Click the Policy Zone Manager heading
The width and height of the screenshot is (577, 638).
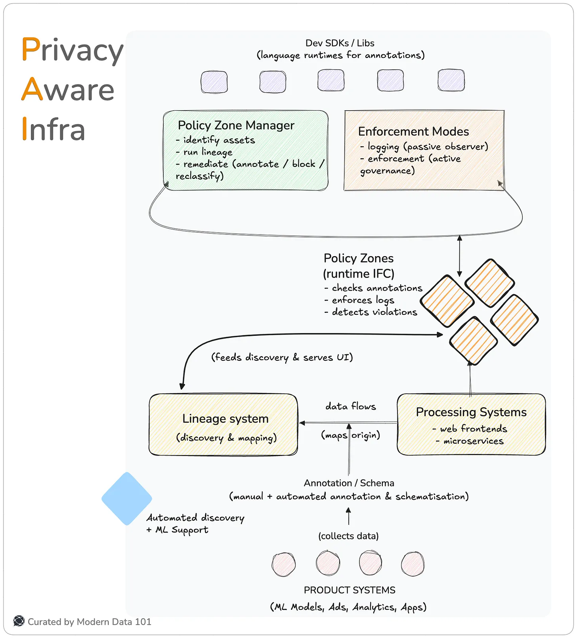tap(236, 125)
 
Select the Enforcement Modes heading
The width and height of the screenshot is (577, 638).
tap(413, 131)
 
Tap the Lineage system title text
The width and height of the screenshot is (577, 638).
tap(225, 418)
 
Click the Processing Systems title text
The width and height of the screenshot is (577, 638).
tap(471, 412)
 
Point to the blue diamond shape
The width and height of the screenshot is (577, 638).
tap(127, 498)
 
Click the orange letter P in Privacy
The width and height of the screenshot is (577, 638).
tap(31, 49)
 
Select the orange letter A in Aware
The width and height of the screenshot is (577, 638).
tap(32, 89)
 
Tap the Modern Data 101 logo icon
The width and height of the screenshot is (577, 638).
tap(19, 621)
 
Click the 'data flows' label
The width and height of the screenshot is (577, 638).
tap(350, 406)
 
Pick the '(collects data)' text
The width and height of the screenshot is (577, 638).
tap(348, 536)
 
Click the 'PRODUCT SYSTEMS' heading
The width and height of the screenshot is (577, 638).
tap(349, 590)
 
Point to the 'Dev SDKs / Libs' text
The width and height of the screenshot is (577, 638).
tap(340, 43)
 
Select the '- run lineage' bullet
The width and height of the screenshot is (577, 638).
tap(204, 152)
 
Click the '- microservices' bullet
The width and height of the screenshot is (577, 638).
tap(470, 441)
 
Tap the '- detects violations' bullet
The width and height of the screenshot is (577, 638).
tap(371, 312)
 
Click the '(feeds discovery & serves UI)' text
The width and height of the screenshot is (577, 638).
tap(282, 357)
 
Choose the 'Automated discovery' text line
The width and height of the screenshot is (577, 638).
tap(195, 517)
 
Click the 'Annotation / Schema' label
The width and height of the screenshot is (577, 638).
tap(349, 483)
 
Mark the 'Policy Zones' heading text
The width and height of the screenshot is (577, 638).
tap(358, 258)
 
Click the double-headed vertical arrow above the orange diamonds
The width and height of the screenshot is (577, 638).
tap(459, 256)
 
